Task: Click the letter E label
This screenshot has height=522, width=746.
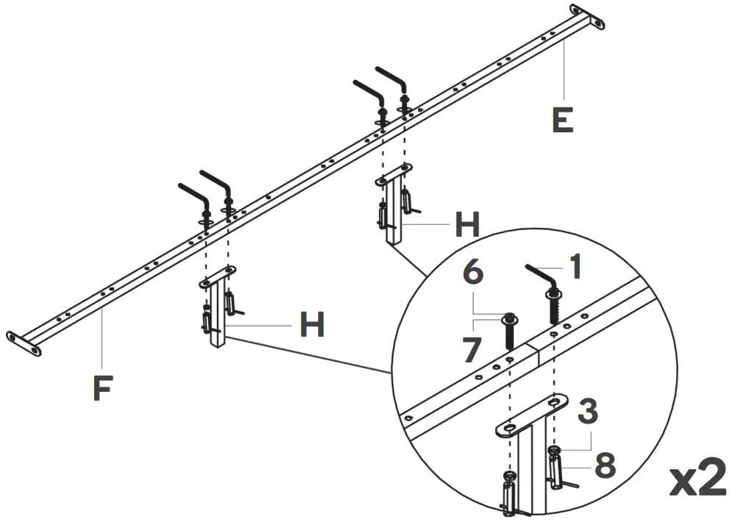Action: pos(562,119)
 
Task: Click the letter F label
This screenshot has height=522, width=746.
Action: pos(102,387)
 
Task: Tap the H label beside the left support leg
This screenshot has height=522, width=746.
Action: pos(312,324)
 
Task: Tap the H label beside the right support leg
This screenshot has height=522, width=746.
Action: pos(467,224)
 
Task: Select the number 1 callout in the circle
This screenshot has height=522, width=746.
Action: pos(575,267)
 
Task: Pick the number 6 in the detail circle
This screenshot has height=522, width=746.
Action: pos(473,273)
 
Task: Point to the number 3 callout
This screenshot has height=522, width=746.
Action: pos(586,412)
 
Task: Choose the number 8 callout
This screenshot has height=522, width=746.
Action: pos(605,465)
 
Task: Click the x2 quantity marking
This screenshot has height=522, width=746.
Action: pos(697,479)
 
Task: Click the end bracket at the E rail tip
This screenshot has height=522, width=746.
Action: pos(589,17)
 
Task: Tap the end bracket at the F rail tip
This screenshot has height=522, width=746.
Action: pos(24,343)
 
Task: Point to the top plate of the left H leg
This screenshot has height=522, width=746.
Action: pos(219,276)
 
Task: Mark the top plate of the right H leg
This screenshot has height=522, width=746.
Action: pos(394,174)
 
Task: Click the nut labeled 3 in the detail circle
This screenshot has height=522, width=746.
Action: pos(553,449)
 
